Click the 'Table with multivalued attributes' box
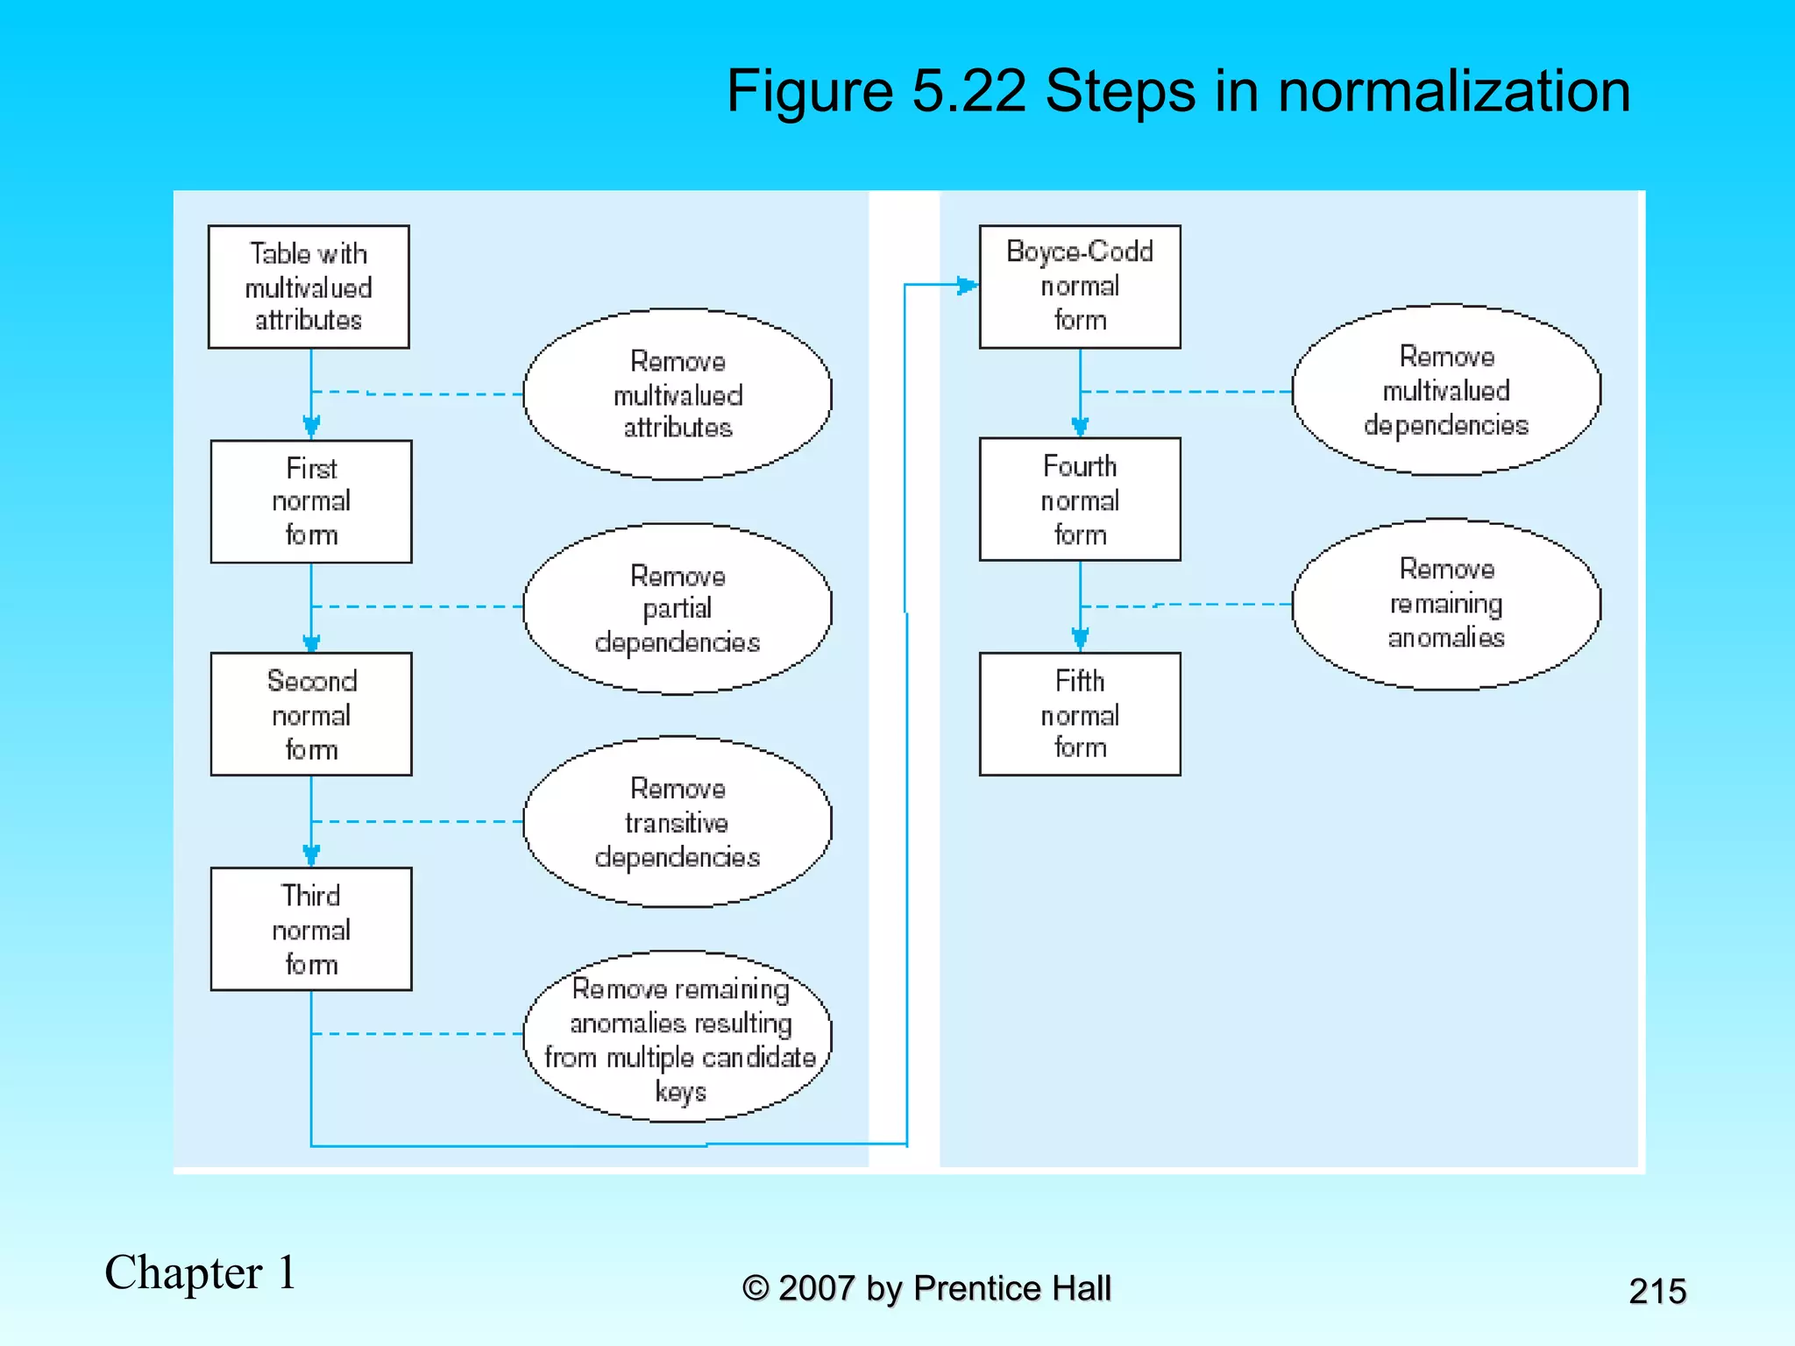(309, 287)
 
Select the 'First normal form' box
(311, 501)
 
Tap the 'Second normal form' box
(311, 714)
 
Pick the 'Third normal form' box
(311, 929)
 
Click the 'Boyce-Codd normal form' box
(1080, 287)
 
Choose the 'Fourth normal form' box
(1080, 499)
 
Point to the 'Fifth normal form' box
(1080, 714)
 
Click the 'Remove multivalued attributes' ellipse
(678, 394)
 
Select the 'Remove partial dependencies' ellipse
(678, 609)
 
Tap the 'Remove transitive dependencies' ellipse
(678, 822)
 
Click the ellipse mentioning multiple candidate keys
(678, 1037)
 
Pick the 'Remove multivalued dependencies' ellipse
(1446, 391)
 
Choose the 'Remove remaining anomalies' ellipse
(1446, 604)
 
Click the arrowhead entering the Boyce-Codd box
(967, 285)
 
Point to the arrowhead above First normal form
(311, 427)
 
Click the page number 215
(1657, 1291)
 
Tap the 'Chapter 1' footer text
(200, 1272)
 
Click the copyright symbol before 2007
(756, 1289)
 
